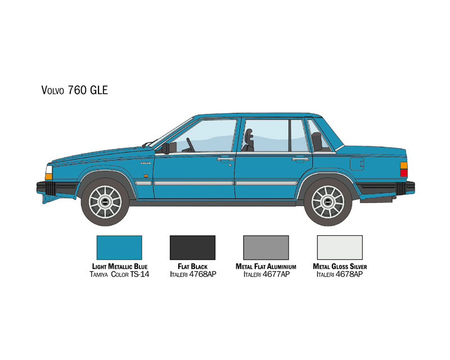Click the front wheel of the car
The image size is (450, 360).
pyautogui.click(x=105, y=202)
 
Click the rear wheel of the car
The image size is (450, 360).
pyautogui.click(x=328, y=202)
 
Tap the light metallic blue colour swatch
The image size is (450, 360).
pyautogui.click(x=119, y=247)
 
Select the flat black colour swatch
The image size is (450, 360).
pyautogui.click(x=192, y=247)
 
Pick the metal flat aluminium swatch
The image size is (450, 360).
pyautogui.click(x=266, y=247)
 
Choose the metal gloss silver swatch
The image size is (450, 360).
pyautogui.click(x=340, y=247)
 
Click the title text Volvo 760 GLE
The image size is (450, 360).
pyautogui.click(x=75, y=90)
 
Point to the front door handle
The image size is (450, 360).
pyautogui.click(x=226, y=159)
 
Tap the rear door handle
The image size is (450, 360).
pyautogui.click(x=300, y=159)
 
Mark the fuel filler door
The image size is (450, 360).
pyautogui.click(x=357, y=164)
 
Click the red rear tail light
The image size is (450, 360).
pyautogui.click(x=404, y=173)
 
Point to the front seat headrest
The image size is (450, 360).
pyautogui.click(x=249, y=134)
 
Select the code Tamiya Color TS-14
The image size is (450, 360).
pyautogui.click(x=119, y=274)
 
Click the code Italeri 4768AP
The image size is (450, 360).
pyautogui.click(x=193, y=274)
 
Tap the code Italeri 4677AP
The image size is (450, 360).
pyautogui.click(x=266, y=274)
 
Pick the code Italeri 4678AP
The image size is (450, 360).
pyautogui.click(x=340, y=274)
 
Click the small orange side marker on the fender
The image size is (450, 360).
pyautogui.click(x=146, y=175)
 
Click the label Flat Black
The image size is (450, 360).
pyautogui.click(x=192, y=267)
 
